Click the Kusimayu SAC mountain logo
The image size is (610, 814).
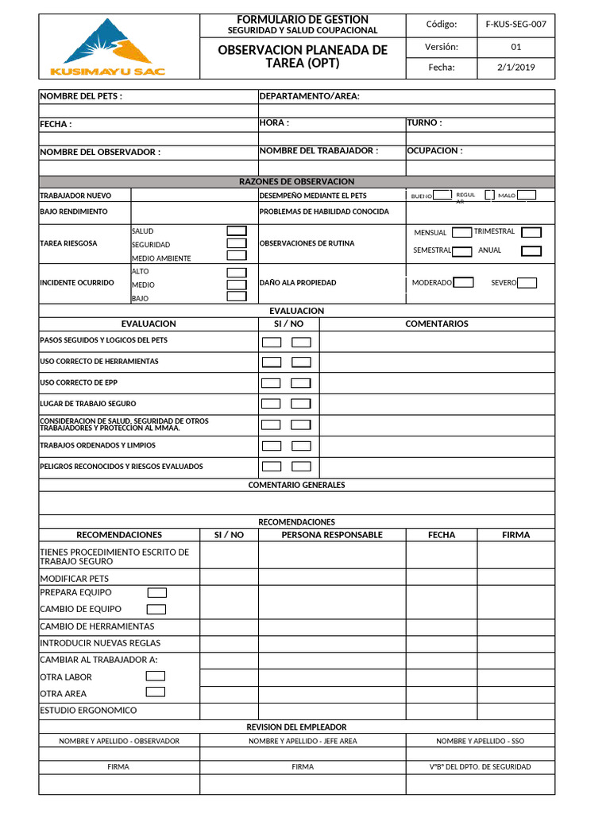click(107, 48)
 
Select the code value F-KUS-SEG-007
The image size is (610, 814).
click(515, 24)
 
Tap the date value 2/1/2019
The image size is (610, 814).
click(515, 68)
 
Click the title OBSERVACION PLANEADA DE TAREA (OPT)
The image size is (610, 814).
click(303, 56)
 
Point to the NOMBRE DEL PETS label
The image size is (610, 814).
click(81, 96)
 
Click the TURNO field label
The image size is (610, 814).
click(424, 123)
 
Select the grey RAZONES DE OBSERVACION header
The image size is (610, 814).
click(296, 182)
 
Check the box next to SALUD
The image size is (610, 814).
click(237, 231)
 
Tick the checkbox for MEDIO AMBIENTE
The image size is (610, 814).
click(237, 256)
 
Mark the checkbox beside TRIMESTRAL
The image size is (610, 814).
click(531, 232)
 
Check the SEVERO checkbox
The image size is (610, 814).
click(527, 282)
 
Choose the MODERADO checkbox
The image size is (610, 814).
click(463, 282)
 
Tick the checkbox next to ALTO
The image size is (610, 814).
click(237, 272)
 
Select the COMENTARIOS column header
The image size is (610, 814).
click(437, 324)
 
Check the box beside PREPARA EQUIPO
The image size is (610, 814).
click(157, 592)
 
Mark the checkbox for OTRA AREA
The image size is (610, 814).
click(156, 692)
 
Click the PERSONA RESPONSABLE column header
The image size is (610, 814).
click(332, 535)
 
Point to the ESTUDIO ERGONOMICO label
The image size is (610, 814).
click(88, 710)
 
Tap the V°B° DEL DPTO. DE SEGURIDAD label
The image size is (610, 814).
click(480, 767)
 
